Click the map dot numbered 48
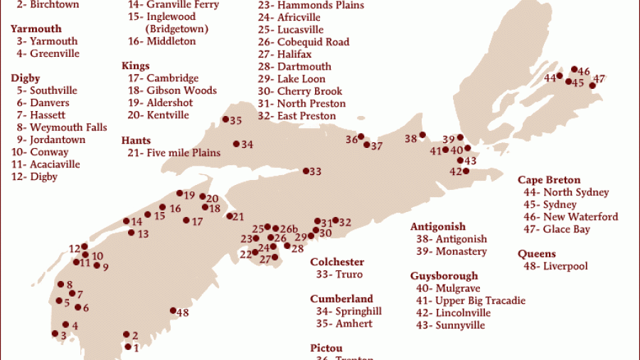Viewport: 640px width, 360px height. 173,310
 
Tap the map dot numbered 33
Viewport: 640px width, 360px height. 306,171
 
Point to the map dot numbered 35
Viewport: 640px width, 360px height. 225,120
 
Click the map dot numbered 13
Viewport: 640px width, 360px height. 132,233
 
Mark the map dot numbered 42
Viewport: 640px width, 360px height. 466,171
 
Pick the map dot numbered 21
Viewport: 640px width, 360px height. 230,216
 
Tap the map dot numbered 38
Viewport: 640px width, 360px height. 422,135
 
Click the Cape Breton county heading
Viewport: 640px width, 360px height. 549,180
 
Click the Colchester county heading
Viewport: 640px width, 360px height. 337,262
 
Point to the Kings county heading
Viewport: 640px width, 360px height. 136,65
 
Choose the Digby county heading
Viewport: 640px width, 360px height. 25,78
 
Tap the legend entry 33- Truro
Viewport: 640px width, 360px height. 339,275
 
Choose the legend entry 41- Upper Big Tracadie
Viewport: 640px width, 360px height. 470,301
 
